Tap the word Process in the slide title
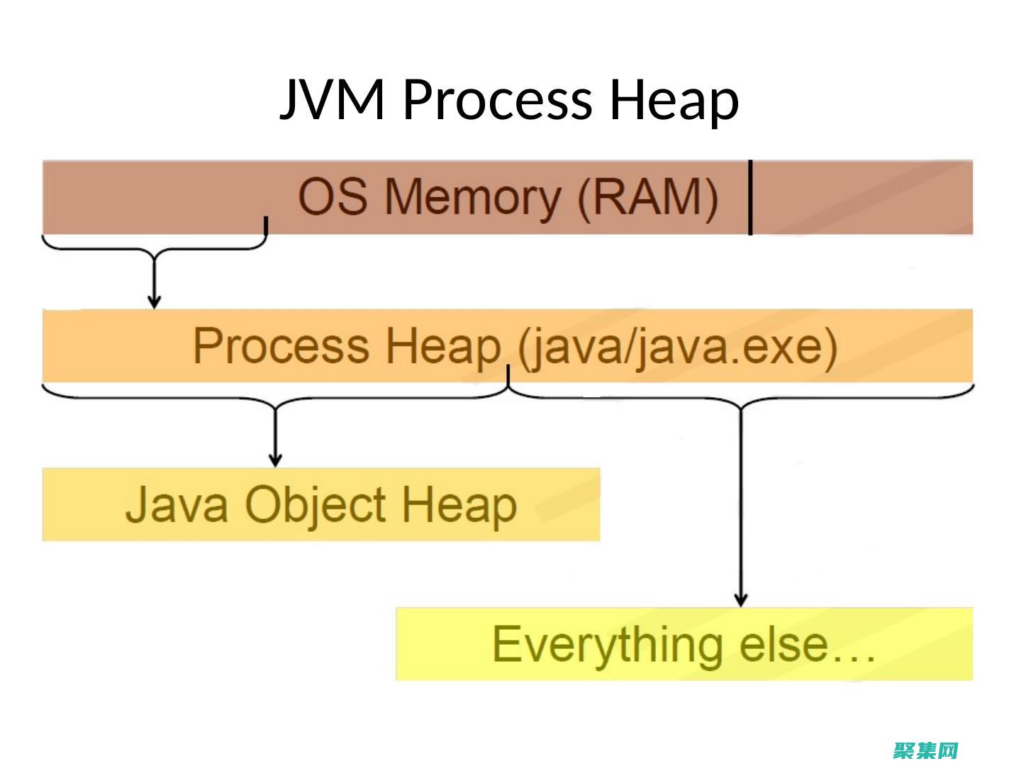click(497, 99)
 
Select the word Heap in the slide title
click(674, 99)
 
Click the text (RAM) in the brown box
click(647, 196)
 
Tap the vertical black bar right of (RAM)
click(750, 196)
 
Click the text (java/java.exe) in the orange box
click(677, 348)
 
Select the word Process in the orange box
click(281, 346)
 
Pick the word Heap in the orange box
click(442, 346)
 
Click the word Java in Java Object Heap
click(177, 504)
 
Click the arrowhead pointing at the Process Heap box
click(154, 301)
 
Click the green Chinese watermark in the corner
click(925, 750)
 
